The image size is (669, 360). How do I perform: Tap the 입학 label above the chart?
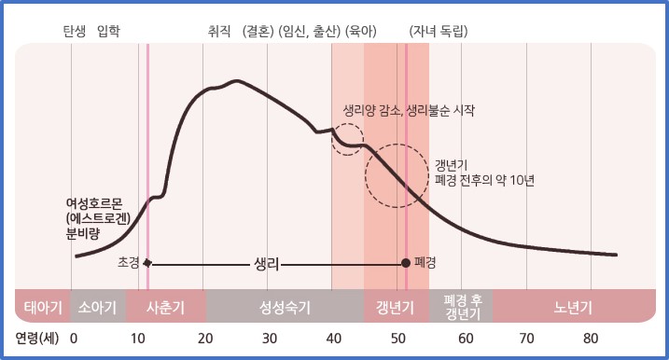(x=109, y=31)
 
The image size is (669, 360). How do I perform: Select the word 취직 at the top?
(x=219, y=31)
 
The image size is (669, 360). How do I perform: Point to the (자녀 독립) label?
(x=438, y=31)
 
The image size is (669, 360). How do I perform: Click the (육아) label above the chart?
(x=360, y=31)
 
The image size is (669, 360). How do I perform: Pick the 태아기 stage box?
(x=42, y=305)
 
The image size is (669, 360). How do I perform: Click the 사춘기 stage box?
(x=164, y=305)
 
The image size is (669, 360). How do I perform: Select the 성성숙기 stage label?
(x=284, y=305)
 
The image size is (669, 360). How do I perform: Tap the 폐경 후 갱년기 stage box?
(x=461, y=305)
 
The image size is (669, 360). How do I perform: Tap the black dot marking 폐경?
(x=405, y=263)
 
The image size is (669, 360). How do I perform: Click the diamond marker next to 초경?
(x=146, y=263)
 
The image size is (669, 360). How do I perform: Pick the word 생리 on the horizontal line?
(x=267, y=263)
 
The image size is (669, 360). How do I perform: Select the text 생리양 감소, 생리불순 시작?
(x=409, y=110)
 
